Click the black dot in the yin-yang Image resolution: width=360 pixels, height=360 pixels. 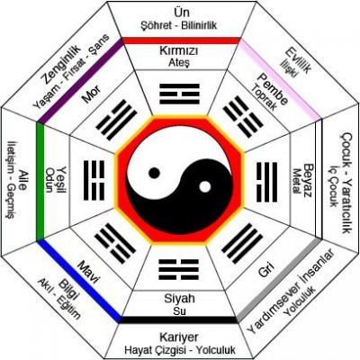click(154, 173)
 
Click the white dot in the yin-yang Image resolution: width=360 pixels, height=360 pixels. click(205, 187)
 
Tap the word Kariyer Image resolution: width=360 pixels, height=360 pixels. click(179, 337)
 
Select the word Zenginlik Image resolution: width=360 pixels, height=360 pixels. click(62, 65)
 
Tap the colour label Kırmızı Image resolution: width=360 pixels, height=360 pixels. click(179, 51)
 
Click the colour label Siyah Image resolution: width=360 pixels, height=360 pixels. click(179, 299)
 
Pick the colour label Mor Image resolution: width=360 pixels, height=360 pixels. click(91, 94)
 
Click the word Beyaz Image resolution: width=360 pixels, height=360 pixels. click(309, 180)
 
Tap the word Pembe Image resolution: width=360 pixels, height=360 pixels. click(273, 89)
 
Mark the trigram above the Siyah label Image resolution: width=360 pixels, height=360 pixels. click(178, 270)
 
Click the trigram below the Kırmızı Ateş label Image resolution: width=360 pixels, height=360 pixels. click(179, 94)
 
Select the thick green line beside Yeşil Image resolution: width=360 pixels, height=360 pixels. click(40, 182)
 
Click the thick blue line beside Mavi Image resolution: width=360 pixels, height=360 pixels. click(78, 281)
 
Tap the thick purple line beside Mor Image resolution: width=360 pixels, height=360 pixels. click(81, 81)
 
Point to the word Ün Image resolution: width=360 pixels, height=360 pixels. click(179, 13)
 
